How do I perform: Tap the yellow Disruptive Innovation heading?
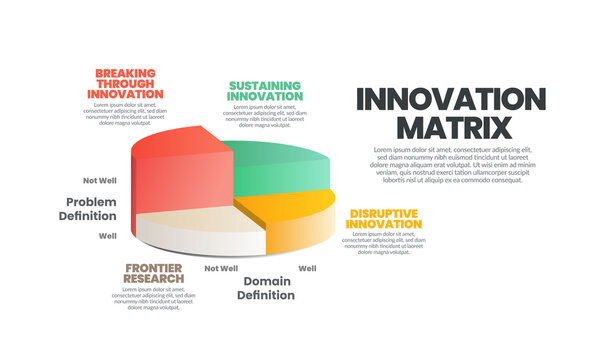pos(384,219)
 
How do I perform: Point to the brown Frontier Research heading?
pos(152,273)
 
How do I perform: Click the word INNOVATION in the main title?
pos(452,100)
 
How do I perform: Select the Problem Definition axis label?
pos(88,209)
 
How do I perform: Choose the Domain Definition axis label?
pos(268,288)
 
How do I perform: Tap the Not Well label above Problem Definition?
pos(100,181)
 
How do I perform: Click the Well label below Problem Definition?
pos(107,236)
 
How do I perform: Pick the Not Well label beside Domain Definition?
pos(221,268)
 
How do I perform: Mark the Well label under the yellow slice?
pos(308,268)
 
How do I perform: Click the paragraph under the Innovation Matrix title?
pos(450,165)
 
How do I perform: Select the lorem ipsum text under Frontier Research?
pos(153,298)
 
